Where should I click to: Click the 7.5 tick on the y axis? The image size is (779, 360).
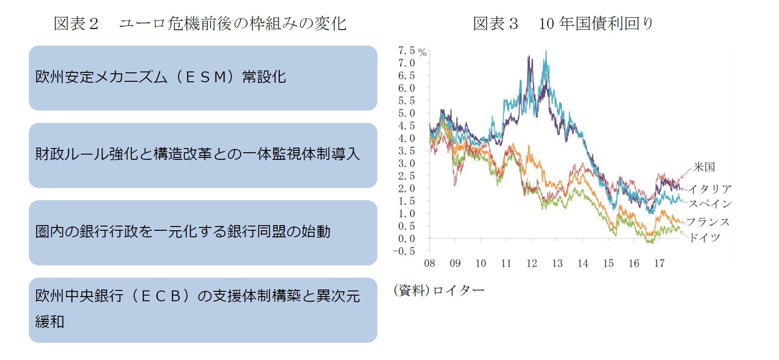407,51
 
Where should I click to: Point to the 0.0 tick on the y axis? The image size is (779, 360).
407,239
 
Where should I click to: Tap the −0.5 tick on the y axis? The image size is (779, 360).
404,251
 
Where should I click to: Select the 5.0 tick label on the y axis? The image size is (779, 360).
407,113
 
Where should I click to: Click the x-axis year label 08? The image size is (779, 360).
430,264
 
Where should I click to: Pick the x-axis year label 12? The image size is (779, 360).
532,264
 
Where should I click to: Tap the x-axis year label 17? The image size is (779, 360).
659,264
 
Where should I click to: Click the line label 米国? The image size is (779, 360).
704,167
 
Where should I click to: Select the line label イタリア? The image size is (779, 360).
710,189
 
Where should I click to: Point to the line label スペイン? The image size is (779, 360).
710,203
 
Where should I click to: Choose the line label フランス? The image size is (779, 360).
708,222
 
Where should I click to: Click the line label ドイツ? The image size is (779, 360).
705,238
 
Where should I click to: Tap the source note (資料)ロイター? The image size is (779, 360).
439,290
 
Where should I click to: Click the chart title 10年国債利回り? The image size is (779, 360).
596,23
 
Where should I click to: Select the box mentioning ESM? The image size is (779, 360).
203,78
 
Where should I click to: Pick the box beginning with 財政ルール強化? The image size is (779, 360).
203,155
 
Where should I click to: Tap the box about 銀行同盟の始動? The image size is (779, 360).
203,232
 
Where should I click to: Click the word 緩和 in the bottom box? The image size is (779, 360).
49,322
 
